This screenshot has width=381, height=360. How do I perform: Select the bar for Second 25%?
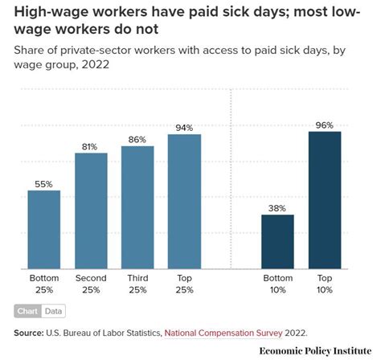coord(90,211)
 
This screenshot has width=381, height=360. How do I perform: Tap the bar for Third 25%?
coord(137,207)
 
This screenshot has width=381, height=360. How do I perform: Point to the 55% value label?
coord(43,184)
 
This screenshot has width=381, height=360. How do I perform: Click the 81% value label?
coord(90,146)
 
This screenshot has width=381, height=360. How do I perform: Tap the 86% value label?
coord(137,140)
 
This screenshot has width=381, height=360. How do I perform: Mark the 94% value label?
coord(184,128)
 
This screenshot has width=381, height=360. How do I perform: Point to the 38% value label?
coord(277,208)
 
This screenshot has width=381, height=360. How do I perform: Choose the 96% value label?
coord(324,125)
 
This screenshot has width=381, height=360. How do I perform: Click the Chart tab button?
coord(27,311)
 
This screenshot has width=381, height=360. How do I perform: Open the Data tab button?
coord(54,311)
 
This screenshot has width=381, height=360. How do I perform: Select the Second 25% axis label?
coord(90,283)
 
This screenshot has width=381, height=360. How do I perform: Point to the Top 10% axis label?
coord(324,283)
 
